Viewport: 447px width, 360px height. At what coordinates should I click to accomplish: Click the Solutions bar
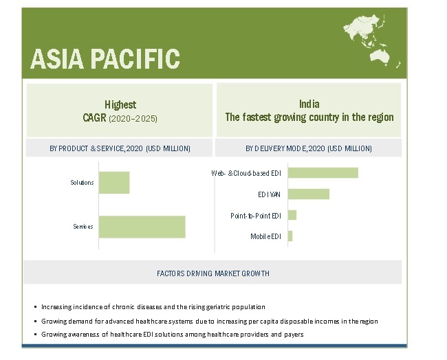point(114,183)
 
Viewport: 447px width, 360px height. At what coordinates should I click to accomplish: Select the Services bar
point(142,227)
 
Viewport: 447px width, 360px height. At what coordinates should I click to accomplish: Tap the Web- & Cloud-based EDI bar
point(323,173)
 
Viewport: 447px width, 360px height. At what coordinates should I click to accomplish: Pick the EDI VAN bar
point(309,194)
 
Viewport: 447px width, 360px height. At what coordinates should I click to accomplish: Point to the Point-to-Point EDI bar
point(292,215)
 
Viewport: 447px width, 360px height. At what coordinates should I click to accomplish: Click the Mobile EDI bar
point(290,236)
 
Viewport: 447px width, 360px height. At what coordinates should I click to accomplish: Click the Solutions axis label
point(82,183)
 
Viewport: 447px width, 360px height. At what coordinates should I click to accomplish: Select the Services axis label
point(83,227)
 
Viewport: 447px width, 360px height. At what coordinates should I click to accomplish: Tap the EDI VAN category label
point(269,194)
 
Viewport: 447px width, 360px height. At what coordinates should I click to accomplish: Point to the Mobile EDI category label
point(265,236)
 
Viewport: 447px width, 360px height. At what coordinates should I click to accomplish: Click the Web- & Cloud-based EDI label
point(246,173)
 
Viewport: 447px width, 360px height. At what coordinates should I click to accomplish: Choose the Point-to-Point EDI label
point(256,216)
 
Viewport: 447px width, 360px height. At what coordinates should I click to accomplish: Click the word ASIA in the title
point(57,59)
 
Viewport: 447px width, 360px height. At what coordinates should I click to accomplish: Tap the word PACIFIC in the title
point(135,59)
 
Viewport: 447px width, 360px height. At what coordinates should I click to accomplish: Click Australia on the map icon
point(380,56)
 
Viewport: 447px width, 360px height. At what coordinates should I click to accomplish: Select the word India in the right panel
point(309,104)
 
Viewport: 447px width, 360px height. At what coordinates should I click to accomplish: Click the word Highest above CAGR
point(120,105)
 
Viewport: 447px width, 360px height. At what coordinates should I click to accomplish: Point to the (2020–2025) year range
point(133,118)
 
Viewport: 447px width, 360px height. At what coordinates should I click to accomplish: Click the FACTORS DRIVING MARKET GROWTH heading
point(213,273)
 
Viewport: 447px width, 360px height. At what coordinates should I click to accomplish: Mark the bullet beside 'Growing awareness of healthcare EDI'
point(35,335)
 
